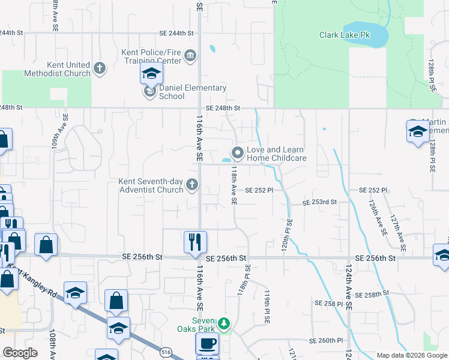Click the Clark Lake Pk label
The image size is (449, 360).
pos(345,35)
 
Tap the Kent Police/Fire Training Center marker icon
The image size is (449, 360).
pos(190,56)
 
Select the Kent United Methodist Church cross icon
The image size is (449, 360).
pos(100,68)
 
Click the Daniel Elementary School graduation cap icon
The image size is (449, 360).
pos(151,75)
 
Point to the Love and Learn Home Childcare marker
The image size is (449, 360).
pos(238,153)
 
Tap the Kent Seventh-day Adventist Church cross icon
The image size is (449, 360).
pos(192,185)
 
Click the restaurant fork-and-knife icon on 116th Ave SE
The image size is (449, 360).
pos(195,242)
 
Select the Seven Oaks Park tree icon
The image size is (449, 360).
pos(224,324)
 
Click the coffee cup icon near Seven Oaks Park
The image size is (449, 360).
pos(207,344)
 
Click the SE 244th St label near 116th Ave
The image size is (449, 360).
pos(176,34)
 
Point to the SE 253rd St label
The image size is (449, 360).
pos(319,203)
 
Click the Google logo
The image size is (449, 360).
pos(20,353)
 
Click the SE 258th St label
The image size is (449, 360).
pos(372,295)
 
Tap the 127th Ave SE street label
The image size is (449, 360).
pos(397,233)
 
